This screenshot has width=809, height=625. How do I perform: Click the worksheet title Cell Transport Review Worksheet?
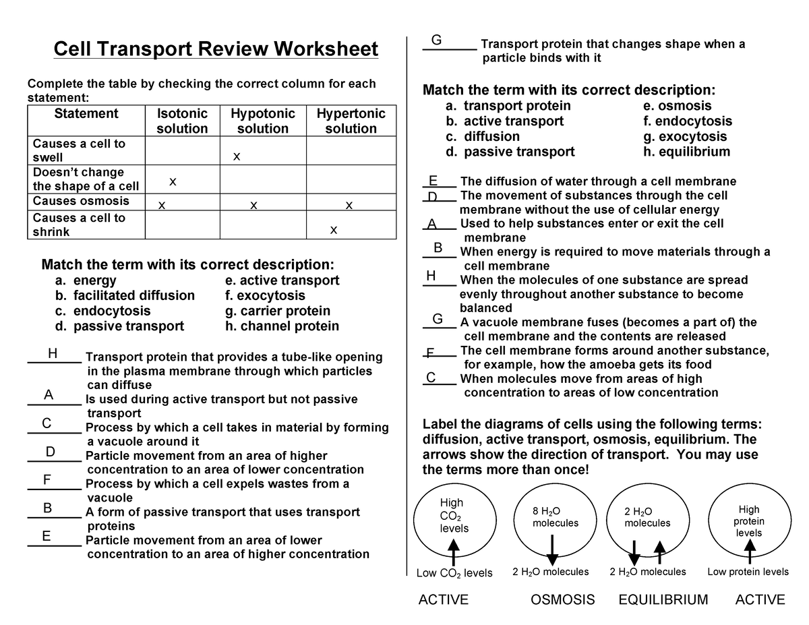pos(216,50)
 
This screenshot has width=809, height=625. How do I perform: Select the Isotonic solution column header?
pos(182,121)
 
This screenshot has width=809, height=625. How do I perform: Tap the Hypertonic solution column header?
pos(351,121)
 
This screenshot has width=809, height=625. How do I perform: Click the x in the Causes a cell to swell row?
pos(236,157)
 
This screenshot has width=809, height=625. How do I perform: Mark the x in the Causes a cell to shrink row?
pos(333,231)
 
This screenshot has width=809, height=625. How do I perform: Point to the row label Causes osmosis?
pos(81,201)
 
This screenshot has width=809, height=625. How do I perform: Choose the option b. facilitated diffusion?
pos(125,295)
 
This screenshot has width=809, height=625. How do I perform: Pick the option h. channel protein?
pos(282,326)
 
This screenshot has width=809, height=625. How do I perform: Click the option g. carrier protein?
pos(278,311)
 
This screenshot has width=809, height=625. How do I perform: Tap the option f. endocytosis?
pos(688,121)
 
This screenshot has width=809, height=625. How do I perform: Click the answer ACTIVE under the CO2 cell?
pos(444,600)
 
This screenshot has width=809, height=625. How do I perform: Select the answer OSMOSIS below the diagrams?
pos(563,600)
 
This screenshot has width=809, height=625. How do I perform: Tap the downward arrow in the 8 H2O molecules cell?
pos(552,549)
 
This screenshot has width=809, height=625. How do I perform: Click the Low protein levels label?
pos(748,572)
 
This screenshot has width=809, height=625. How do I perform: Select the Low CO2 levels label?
pos(454,573)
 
